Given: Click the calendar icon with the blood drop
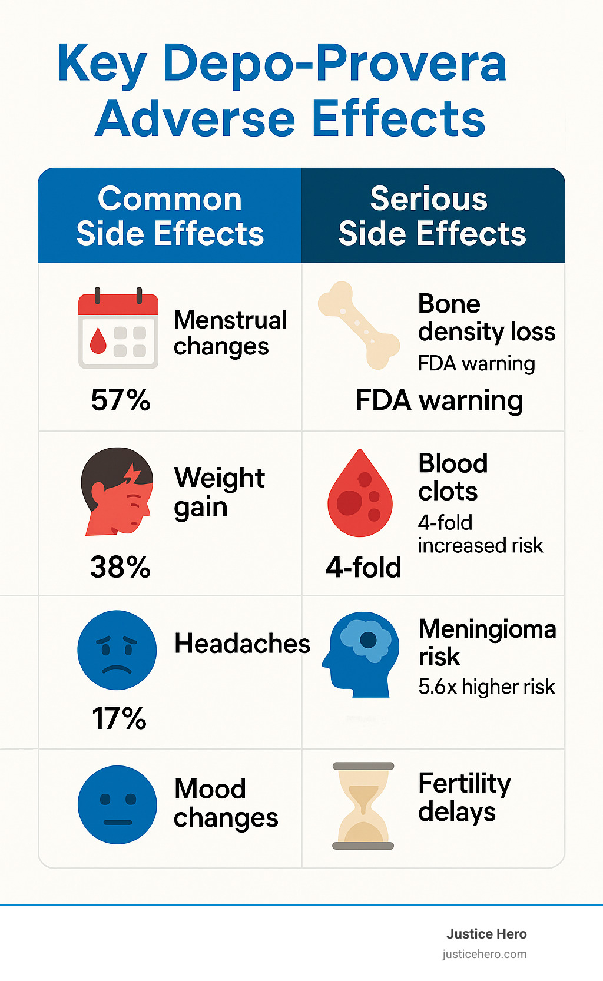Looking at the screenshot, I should point(118,330).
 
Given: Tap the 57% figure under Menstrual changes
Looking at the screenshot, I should point(121,400).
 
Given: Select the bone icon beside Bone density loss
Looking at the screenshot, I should point(358,326).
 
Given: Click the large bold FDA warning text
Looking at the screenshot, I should point(439,401).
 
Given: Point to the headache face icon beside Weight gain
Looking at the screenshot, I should point(118,492).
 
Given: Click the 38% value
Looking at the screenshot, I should point(121,568).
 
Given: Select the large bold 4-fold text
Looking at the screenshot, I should point(363,568).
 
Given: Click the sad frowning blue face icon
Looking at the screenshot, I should point(117,650).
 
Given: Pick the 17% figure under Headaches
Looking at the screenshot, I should point(119,719).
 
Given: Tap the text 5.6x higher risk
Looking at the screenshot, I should point(486,687).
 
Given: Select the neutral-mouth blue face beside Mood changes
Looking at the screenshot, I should point(117,805).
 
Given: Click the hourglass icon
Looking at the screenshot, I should point(363,806).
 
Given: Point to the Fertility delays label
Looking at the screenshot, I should point(464,797).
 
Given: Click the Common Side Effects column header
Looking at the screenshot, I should point(170,216).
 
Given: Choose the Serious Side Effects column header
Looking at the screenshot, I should point(432,216).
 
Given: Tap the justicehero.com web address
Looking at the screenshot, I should point(485,954).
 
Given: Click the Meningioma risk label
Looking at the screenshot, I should point(487,642).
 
